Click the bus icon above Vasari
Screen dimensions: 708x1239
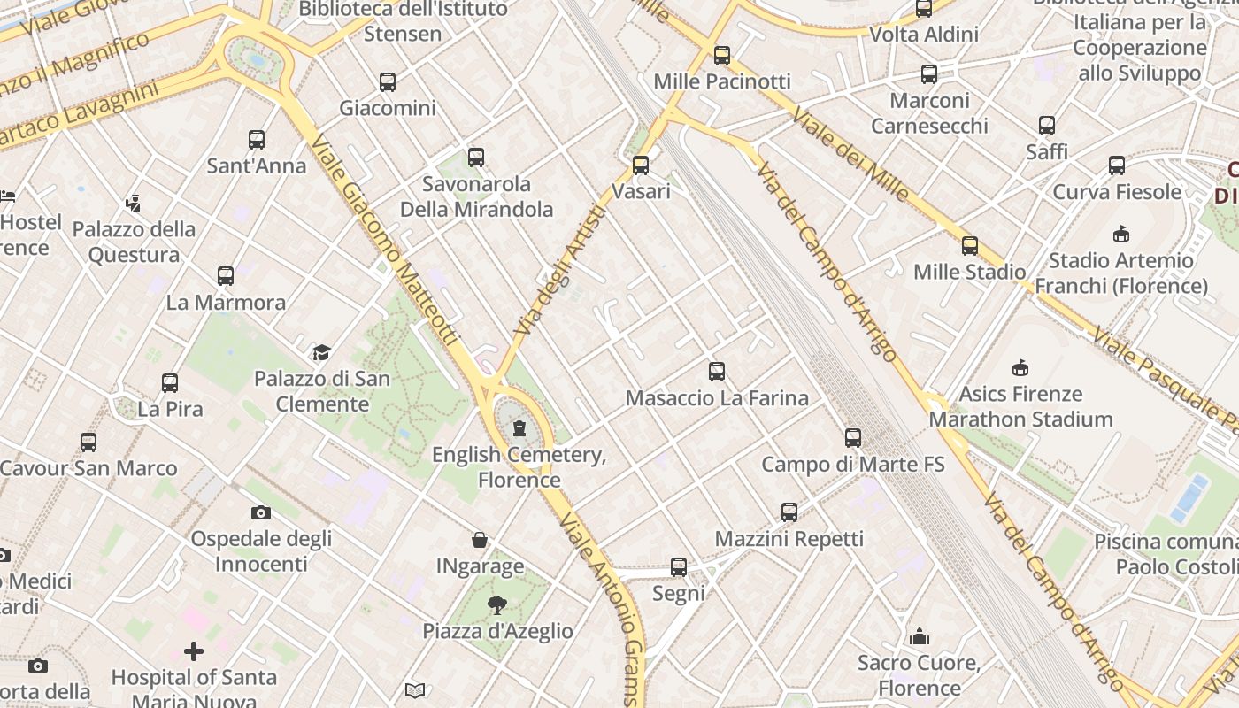pyautogui.click(x=641, y=165)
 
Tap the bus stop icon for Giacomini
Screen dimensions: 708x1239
pyautogui.click(x=388, y=82)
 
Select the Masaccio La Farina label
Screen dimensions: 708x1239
pyautogui.click(x=717, y=398)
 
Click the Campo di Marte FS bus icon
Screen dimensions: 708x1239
pyautogui.click(x=853, y=438)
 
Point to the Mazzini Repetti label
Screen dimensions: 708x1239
pyautogui.click(x=789, y=539)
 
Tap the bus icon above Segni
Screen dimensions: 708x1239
pyautogui.click(x=679, y=567)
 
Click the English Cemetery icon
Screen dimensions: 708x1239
pyautogui.click(x=519, y=429)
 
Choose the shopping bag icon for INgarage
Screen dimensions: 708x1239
pyautogui.click(x=480, y=540)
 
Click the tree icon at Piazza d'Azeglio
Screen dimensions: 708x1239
pyautogui.click(x=497, y=605)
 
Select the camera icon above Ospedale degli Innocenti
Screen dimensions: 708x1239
pyautogui.click(x=261, y=512)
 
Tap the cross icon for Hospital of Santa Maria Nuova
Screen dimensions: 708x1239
pyautogui.click(x=194, y=652)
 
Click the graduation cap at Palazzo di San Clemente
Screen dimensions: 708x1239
pyautogui.click(x=321, y=353)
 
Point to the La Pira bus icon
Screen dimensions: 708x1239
pyautogui.click(x=170, y=383)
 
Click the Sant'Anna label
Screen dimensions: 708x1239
pyautogui.click(x=256, y=165)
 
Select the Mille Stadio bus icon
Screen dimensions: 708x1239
pyautogui.click(x=970, y=246)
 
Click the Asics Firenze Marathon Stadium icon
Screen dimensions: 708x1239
pyautogui.click(x=1020, y=367)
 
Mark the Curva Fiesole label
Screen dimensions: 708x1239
pyautogui.click(x=1117, y=192)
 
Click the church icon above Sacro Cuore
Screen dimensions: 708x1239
pyautogui.click(x=920, y=637)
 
